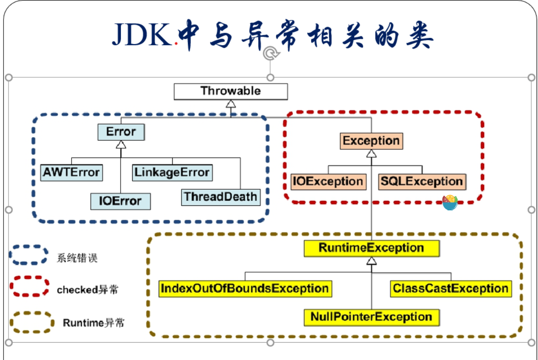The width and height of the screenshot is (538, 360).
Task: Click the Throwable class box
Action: [231, 92]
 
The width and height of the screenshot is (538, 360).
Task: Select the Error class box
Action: [121, 132]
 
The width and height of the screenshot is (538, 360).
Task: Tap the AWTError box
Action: [71, 172]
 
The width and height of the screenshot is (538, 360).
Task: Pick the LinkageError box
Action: [172, 172]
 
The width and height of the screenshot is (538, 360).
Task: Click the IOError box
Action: [121, 201]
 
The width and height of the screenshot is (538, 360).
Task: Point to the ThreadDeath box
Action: [221, 197]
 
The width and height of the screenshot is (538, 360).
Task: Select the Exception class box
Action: [371, 141]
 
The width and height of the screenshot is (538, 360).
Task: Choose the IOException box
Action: [328, 182]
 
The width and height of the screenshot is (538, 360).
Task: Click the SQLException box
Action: [422, 182]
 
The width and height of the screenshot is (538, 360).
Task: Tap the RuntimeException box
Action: [372, 248]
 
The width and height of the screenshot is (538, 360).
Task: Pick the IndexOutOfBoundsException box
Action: [245, 289]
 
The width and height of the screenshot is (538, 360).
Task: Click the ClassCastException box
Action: [451, 289]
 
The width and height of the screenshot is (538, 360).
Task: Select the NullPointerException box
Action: [372, 318]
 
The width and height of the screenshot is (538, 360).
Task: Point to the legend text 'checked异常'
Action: [88, 289]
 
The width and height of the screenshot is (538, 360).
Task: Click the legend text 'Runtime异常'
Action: [94, 323]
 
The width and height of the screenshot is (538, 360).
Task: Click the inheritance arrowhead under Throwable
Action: [231, 104]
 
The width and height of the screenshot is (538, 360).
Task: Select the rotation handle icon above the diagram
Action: [271, 53]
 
